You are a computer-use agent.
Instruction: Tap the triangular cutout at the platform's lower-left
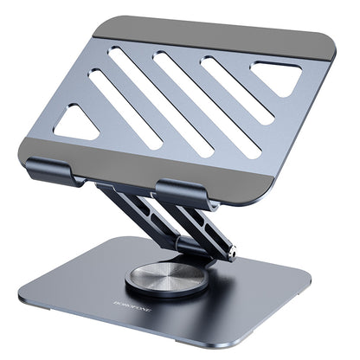(x=78, y=125)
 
